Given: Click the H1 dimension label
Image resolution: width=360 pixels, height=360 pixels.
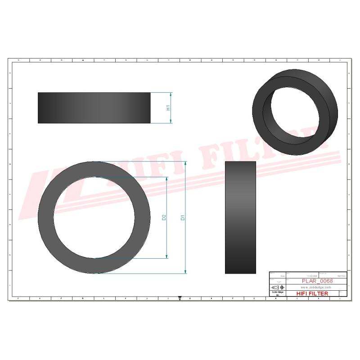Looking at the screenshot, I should pos(167,108).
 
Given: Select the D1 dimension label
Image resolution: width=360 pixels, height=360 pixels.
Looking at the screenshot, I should pos(182,218).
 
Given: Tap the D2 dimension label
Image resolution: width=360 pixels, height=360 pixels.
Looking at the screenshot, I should pos(164,218).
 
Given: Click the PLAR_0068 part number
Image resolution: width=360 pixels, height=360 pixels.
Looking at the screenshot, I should pos(318,281).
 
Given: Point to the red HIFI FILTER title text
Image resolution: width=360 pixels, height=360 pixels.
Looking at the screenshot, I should pos(312,293).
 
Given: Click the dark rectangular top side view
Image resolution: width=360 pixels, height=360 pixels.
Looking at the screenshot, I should pos(94,108).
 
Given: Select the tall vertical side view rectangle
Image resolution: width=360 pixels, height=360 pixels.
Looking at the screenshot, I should pos(240,217).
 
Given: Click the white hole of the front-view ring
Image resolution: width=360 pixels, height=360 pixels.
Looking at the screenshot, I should pos(94,217).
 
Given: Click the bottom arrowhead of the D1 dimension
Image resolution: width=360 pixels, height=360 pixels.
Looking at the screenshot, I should pos(185,271).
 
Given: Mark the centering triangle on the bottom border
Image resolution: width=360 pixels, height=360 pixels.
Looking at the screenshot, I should pos(180,297).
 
